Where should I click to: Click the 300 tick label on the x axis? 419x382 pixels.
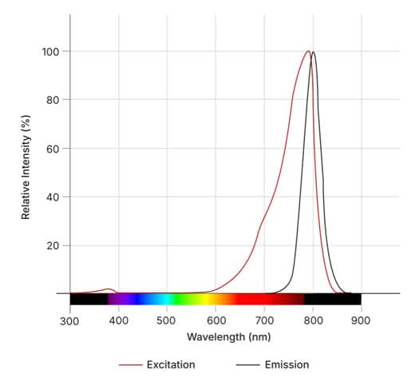pyautogui.click(x=70, y=321)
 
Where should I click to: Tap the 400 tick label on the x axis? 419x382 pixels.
pyautogui.click(x=119, y=321)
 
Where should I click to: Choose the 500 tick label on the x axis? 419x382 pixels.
pyautogui.click(x=167, y=321)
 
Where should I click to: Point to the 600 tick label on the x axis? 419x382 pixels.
pyautogui.click(x=215, y=321)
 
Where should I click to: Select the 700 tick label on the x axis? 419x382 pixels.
pyautogui.click(x=264, y=321)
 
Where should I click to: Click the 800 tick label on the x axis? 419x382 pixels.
pyautogui.click(x=313, y=321)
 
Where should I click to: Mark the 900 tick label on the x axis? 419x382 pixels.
pyautogui.click(x=361, y=321)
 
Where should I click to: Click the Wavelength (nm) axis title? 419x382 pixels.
pyautogui.click(x=215, y=337)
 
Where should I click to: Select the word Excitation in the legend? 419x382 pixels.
pyautogui.click(x=171, y=364)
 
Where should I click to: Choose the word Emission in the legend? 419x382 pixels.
pyautogui.click(x=287, y=364)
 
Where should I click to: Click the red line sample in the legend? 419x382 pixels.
pyautogui.click(x=129, y=364)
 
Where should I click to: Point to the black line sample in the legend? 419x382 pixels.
pyautogui.click(x=247, y=364)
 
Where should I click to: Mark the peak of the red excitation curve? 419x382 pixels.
pyautogui.click(x=308, y=52)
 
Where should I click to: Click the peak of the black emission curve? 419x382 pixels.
pyautogui.click(x=314, y=53)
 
